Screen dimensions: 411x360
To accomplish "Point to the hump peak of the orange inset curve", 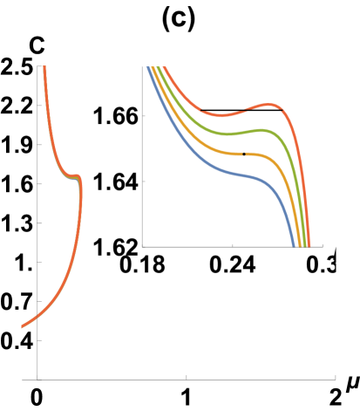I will pyautogui.click(x=272, y=106).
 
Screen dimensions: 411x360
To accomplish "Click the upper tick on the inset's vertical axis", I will pyautogui.click(x=143, y=114).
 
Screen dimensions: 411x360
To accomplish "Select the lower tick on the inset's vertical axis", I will pyautogui.click(x=143, y=181).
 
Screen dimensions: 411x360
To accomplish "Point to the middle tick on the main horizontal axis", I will pyautogui.click(x=187, y=378).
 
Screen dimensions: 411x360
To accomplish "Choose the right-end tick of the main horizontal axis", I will pyautogui.click(x=336, y=378).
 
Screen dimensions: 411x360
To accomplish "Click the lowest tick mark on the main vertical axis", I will pyautogui.click(x=37, y=340).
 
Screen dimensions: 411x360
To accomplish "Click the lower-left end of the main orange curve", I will pyautogui.click(x=23, y=327).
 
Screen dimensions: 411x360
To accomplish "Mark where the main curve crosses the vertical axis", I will pyautogui.click(x=37, y=318).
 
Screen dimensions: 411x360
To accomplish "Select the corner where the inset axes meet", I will pyautogui.click(x=143, y=247).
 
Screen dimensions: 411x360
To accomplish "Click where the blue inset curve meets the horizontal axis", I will pyautogui.click(x=293, y=246).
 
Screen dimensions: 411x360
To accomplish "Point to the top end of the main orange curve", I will pyautogui.click(x=44, y=67).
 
